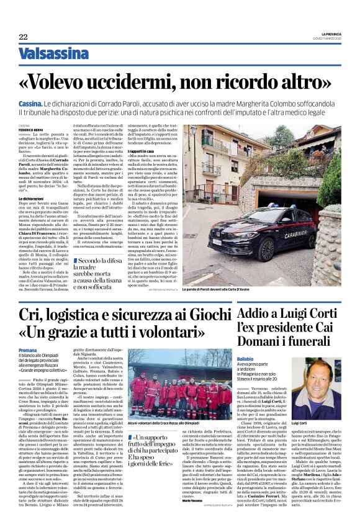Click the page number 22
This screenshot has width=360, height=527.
point(23,37)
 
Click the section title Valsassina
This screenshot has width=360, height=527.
point(53,54)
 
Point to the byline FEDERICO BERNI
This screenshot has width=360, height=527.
point(30,129)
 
